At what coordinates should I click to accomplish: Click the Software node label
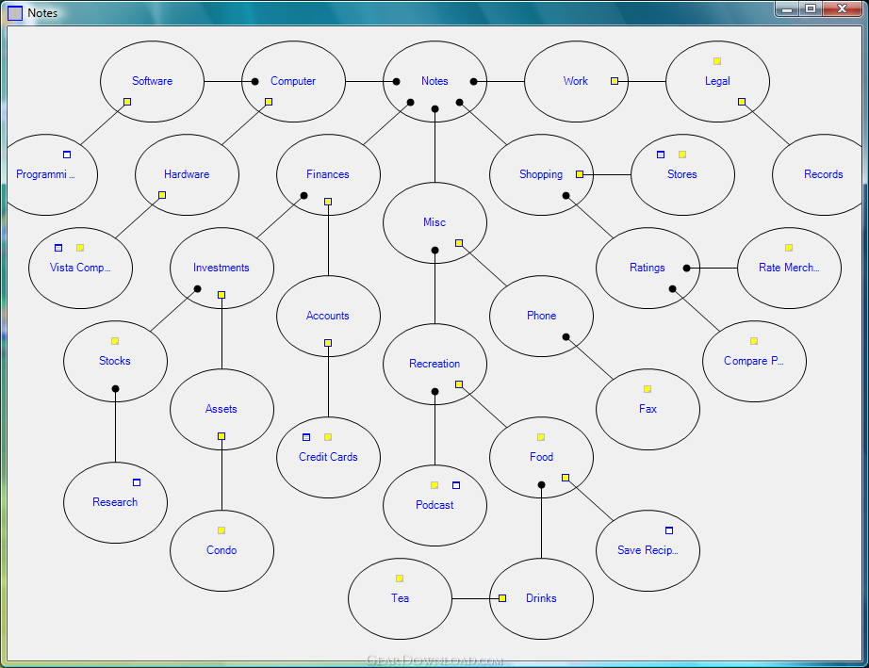152,81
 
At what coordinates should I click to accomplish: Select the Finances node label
328,174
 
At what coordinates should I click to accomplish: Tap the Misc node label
434,222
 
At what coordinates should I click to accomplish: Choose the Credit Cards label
328,457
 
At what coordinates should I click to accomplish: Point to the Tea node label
400,598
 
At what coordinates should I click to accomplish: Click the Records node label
823,174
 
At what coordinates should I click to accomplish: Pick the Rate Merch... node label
789,268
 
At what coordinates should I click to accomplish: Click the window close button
842,8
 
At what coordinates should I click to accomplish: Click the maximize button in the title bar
811,8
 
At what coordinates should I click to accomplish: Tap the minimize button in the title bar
787,8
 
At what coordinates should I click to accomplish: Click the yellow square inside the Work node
615,81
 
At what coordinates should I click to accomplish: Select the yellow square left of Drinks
502,598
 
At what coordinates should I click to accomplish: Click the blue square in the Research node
137,482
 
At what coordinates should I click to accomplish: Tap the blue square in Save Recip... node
669,530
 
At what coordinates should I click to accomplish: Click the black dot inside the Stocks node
115,389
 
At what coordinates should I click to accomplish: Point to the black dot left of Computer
254,81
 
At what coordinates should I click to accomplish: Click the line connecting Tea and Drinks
475,598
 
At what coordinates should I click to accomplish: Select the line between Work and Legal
642,81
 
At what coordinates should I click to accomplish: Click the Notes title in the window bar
42,13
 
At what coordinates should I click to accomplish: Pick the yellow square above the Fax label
648,389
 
